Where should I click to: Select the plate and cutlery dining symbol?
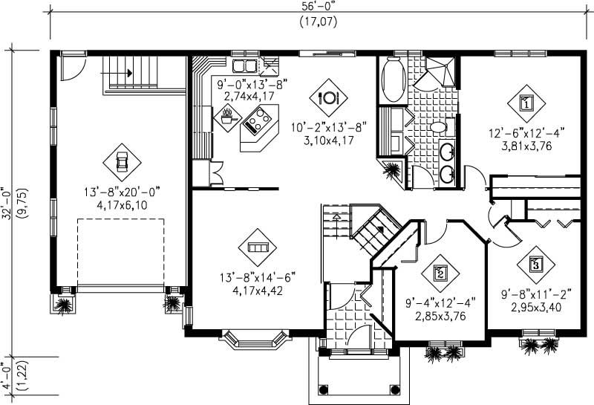[x=327, y=97]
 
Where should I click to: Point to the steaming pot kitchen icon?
[x=227, y=114]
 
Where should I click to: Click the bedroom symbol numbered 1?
[x=526, y=103]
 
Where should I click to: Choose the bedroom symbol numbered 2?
[x=440, y=273]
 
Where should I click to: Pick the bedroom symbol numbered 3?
[x=535, y=262]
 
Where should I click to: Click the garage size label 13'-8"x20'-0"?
[x=123, y=192]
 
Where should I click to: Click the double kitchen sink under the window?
[x=244, y=65]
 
